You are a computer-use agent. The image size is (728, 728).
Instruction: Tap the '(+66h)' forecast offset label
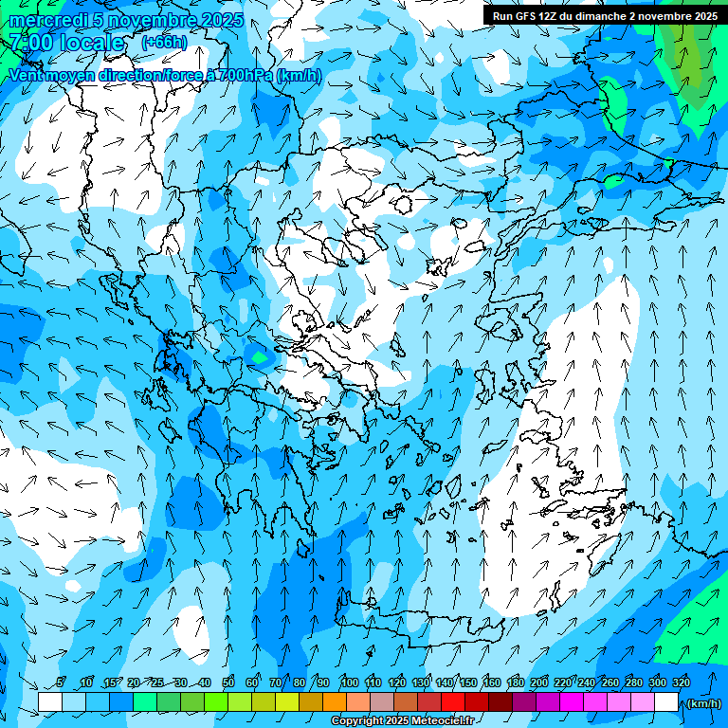tap(164, 42)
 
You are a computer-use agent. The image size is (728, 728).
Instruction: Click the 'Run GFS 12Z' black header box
tap(605, 15)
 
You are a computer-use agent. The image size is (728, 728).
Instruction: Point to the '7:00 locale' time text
tap(66, 43)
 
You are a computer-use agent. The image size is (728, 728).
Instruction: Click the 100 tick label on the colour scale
tap(349, 682)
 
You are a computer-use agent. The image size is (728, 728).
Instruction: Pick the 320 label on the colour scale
tap(681, 682)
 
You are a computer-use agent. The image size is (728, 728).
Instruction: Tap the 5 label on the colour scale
tap(61, 682)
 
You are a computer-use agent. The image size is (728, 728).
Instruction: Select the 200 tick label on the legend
tap(538, 682)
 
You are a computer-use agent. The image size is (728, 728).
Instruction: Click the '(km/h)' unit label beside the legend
tap(702, 703)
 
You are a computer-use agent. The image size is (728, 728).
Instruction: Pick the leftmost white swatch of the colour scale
tap(50, 702)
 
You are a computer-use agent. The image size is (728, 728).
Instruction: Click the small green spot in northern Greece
tap(259, 357)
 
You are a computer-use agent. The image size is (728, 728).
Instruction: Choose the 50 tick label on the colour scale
tap(228, 682)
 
